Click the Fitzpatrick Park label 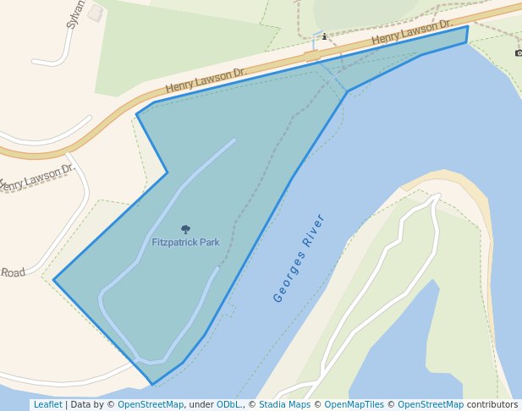point(185,243)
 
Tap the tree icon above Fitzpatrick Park point(185,229)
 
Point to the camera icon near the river point(518,53)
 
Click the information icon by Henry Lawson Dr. point(323,37)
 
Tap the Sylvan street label point(75,14)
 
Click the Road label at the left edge point(13,272)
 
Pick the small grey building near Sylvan point(96,14)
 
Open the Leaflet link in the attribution point(47,405)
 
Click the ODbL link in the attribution point(229,405)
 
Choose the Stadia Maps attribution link point(284,405)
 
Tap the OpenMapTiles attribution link point(354,405)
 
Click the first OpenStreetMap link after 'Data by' point(150,405)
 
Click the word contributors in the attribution point(492,405)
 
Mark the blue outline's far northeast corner point(467,26)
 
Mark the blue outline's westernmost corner point(54,280)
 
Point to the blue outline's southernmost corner point(152,384)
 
